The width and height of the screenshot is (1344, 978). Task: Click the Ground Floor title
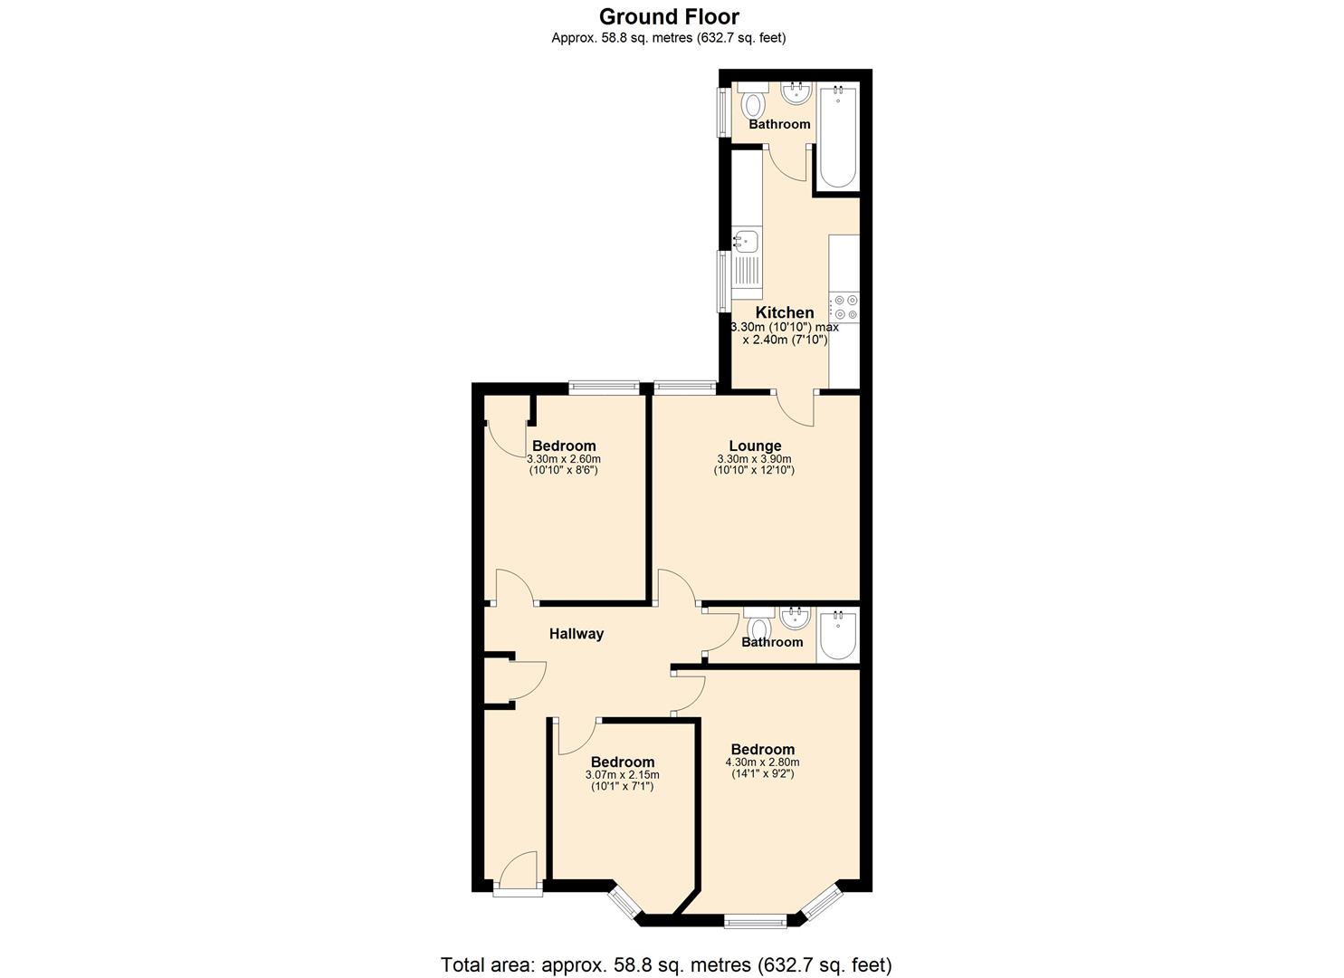click(669, 16)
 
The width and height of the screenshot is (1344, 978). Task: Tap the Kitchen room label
click(784, 312)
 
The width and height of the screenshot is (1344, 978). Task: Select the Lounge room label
click(755, 446)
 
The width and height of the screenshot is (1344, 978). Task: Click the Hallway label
click(576, 634)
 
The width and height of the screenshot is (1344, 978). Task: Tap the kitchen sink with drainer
click(748, 262)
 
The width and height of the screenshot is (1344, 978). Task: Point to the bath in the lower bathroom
click(837, 637)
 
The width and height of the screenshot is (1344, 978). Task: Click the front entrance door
click(518, 871)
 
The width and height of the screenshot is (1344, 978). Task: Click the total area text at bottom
click(666, 964)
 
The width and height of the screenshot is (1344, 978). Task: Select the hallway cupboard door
click(529, 680)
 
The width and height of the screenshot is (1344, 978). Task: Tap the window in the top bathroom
click(723, 111)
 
